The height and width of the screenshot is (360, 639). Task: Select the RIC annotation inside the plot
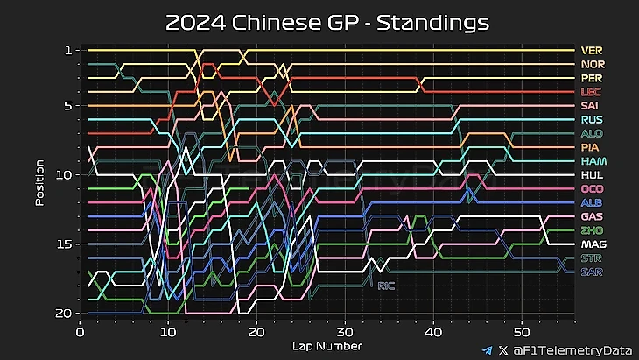coord(386,286)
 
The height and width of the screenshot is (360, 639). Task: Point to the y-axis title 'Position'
coord(39,182)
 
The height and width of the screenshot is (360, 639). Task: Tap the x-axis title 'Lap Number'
coord(327,347)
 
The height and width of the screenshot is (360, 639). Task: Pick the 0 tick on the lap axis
coord(81,332)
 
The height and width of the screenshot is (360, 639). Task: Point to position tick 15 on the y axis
coord(64,244)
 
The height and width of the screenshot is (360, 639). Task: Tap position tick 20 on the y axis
coord(64,313)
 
